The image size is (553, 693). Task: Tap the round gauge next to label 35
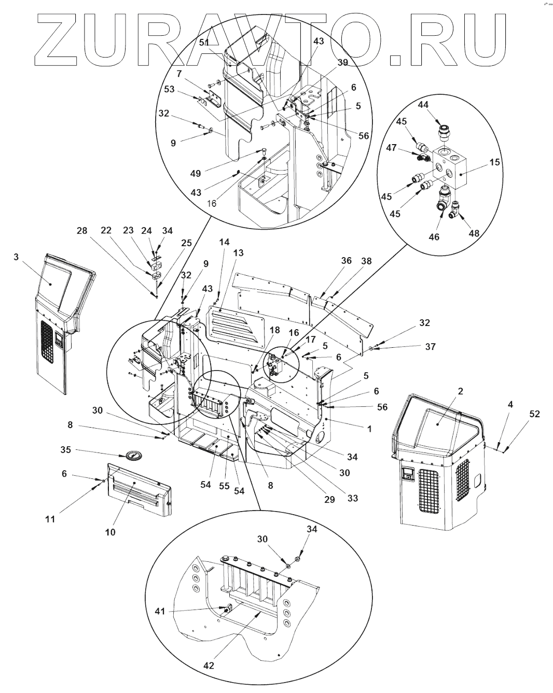pos(133,456)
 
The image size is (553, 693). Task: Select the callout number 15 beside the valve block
pos(494,162)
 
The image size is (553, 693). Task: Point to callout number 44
pos(423,105)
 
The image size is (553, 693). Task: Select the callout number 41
pos(160,612)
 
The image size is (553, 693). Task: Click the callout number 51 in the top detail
pos(204,43)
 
